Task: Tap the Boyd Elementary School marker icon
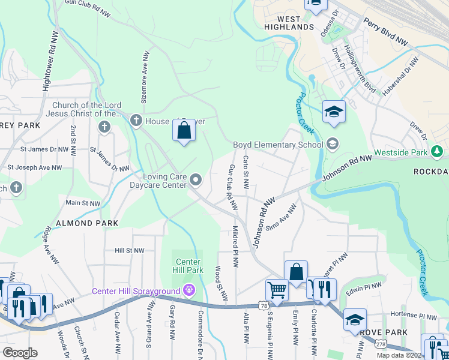point(333,144)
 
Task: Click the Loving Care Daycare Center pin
point(196,180)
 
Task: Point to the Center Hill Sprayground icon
point(189,292)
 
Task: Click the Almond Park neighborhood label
point(82,223)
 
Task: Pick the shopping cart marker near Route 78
point(277,289)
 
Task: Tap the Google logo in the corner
point(20,353)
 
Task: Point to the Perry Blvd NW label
point(385,32)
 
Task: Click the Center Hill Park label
point(188,266)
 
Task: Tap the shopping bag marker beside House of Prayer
point(184,130)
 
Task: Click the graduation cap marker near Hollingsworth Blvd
point(334,112)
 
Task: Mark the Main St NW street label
point(83,203)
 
